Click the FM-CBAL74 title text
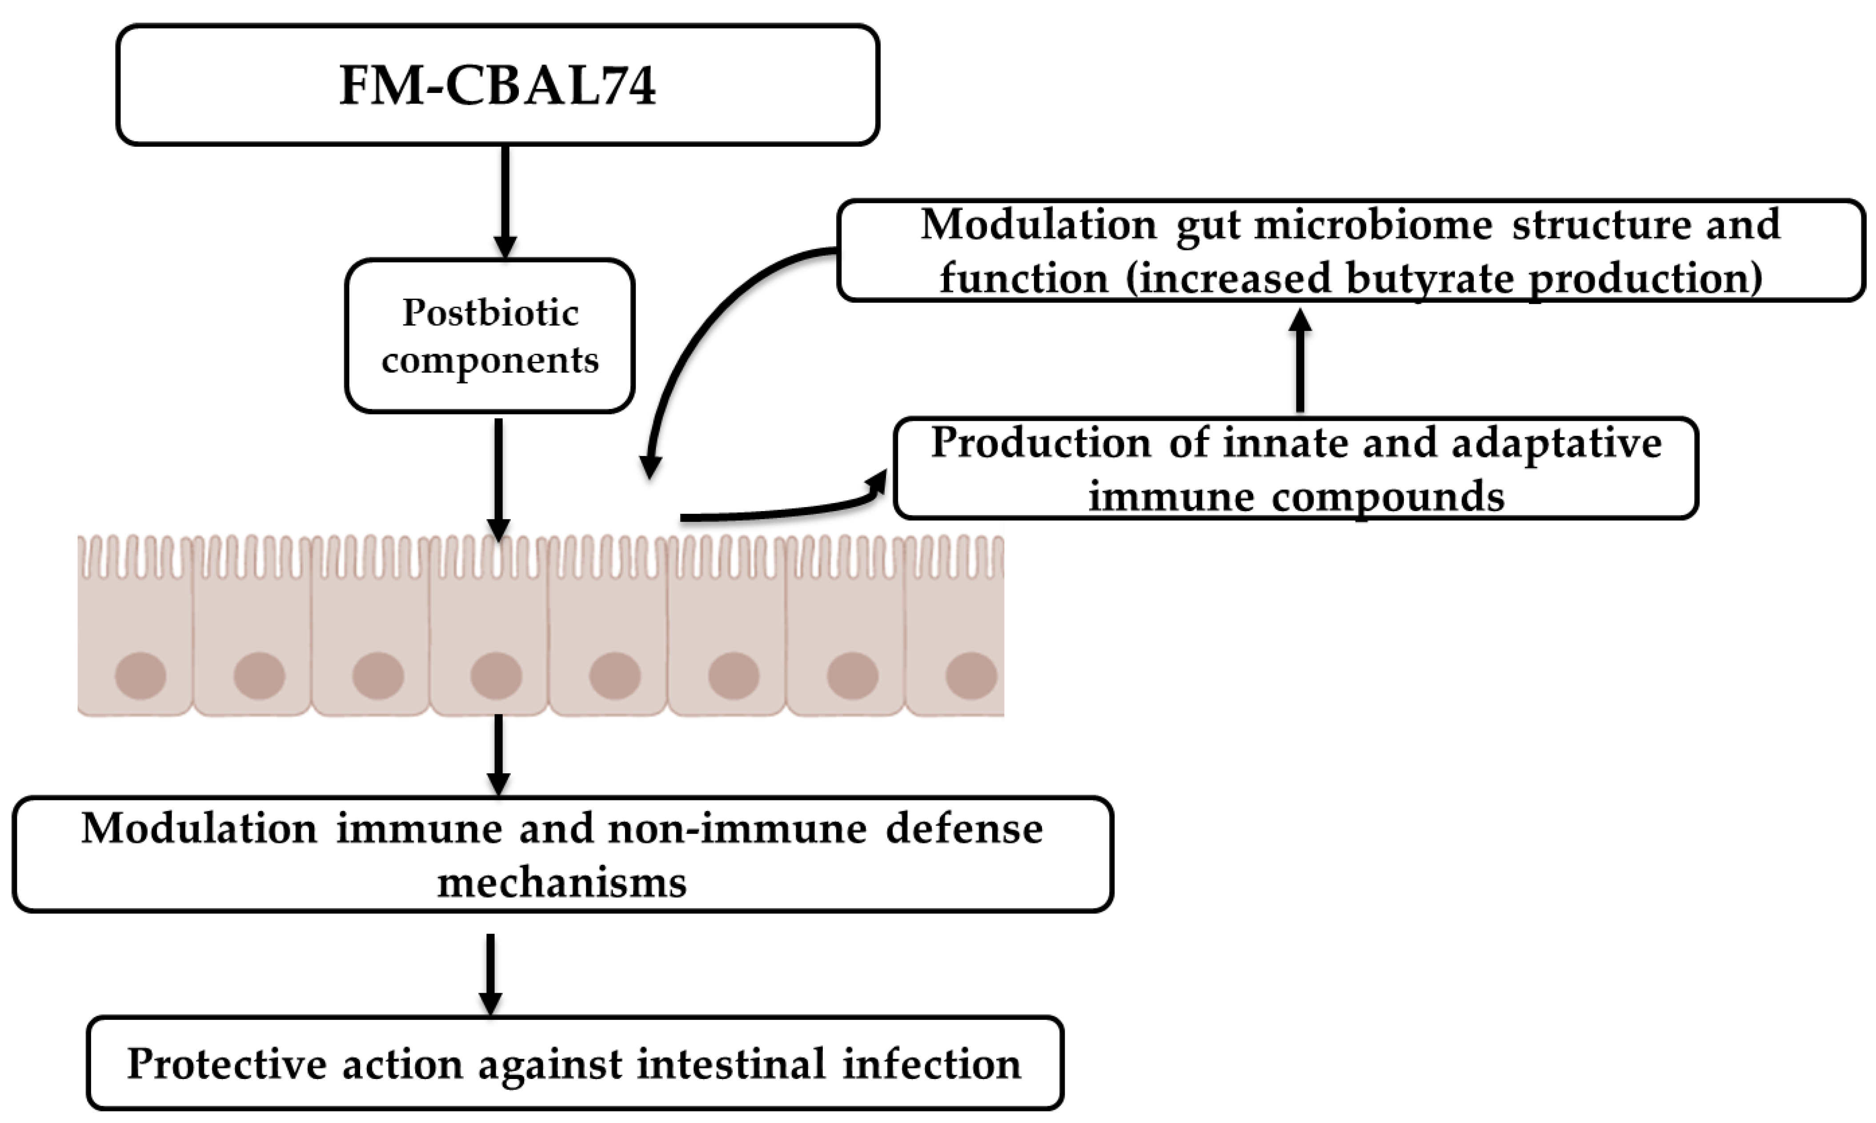pos(497,85)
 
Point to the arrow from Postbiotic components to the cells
pos(498,477)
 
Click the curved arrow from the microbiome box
pos(704,333)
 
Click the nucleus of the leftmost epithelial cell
pos(141,675)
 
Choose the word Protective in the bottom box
pos(227,1064)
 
